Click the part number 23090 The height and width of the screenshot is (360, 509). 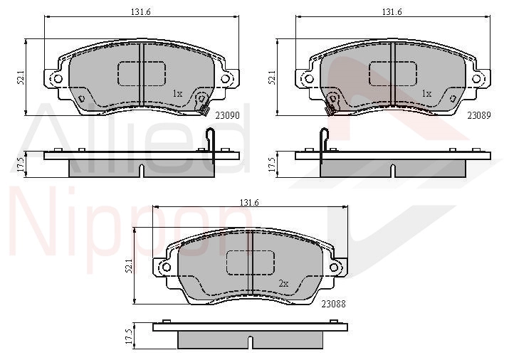228,115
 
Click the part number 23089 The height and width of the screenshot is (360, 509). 479,115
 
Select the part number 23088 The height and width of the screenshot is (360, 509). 334,304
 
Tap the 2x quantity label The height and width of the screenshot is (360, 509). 283,284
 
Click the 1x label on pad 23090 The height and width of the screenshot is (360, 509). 177,94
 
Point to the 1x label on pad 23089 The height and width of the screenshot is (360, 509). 427,94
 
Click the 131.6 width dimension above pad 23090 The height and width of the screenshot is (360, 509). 141,12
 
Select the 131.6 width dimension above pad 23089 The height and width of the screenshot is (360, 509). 392,12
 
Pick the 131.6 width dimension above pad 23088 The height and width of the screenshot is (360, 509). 249,202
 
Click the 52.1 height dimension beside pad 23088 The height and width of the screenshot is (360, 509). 129,265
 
